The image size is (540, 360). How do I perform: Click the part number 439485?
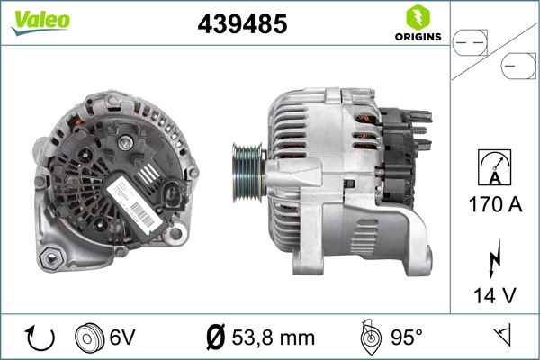(x=242, y=25)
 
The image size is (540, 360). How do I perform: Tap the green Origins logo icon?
(x=416, y=17)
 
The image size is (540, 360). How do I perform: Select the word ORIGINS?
(x=417, y=37)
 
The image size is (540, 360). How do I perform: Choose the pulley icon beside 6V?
(x=90, y=337)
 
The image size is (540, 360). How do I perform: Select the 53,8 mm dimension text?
(x=274, y=338)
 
